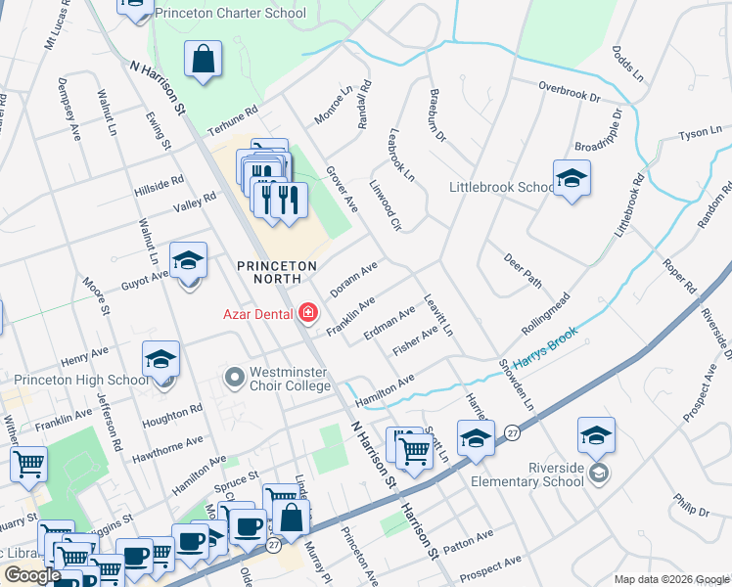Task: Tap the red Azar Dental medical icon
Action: (308, 313)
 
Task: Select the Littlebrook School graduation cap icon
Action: (572, 178)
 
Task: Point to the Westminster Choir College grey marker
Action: (234, 376)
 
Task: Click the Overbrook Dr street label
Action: (569, 92)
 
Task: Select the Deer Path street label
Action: (523, 269)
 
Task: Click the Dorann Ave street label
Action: (353, 279)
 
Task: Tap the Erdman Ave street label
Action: (389, 323)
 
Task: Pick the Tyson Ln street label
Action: (699, 133)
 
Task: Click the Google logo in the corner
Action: (31, 575)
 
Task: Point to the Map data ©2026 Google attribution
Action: (670, 579)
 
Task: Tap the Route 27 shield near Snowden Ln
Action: (512, 431)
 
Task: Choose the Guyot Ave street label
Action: (144, 278)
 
